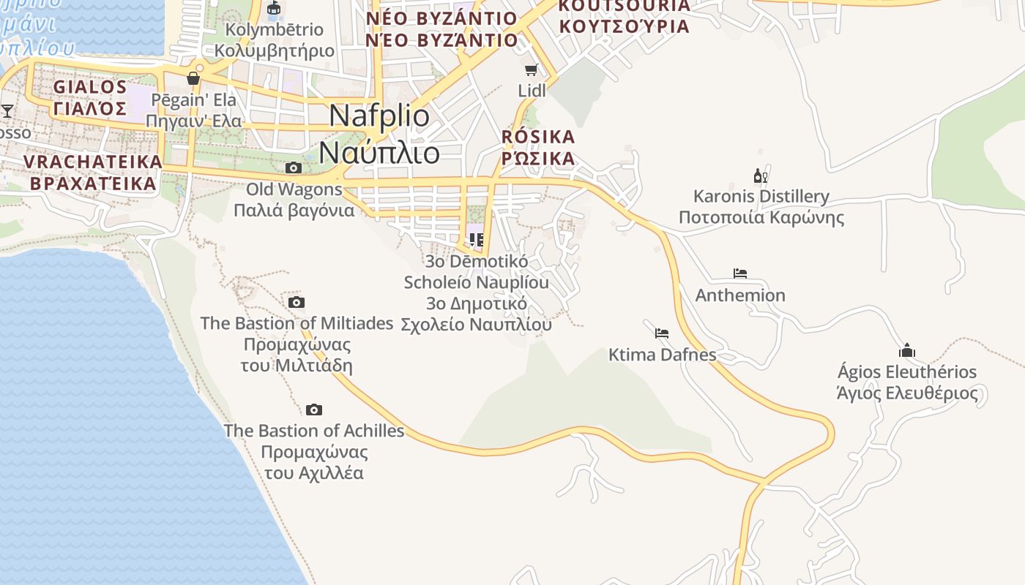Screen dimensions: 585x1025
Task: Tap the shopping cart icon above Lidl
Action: click(532, 70)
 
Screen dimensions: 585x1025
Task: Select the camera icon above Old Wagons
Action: click(293, 168)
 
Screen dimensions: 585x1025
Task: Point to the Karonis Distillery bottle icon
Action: click(761, 175)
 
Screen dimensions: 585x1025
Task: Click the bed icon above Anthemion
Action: click(740, 274)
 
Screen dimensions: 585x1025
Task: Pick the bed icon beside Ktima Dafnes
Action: click(662, 333)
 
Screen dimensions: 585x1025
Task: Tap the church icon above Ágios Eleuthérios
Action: click(907, 350)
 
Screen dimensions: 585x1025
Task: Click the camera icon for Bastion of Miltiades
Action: click(296, 303)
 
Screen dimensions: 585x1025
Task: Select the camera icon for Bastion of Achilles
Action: click(314, 409)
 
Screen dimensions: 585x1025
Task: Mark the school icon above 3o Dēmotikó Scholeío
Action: click(476, 240)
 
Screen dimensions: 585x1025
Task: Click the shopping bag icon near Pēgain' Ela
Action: click(193, 78)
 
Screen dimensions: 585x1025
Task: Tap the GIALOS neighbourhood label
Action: click(90, 98)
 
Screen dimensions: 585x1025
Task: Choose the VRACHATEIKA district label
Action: click(92, 172)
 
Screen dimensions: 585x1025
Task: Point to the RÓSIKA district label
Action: click(538, 148)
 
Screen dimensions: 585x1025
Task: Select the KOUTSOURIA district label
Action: click(624, 16)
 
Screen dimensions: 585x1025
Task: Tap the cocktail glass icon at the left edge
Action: click(7, 111)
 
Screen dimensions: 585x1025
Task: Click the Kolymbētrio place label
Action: click(275, 40)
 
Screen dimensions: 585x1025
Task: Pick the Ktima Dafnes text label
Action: click(662, 355)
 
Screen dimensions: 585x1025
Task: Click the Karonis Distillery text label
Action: click(761, 207)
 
